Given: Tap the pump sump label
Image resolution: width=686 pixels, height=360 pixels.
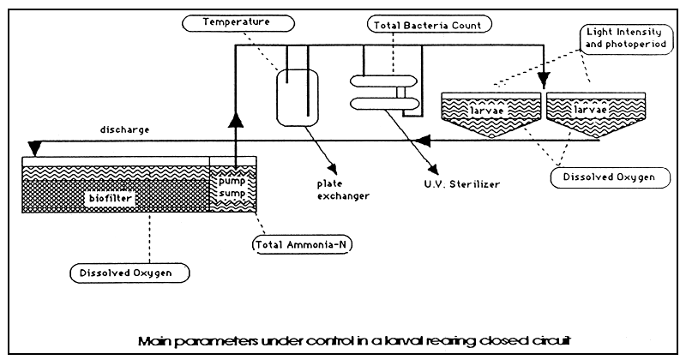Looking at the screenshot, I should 231,189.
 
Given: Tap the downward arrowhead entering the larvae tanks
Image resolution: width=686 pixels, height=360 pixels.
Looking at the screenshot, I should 542,84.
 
